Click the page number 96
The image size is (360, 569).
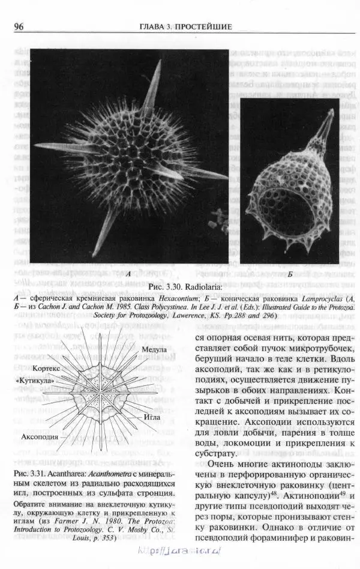(19, 26)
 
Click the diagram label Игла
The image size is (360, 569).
(152, 416)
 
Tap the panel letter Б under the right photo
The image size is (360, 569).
(290, 274)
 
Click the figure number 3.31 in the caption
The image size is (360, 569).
(37, 475)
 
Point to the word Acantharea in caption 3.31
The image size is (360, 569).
(68, 475)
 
